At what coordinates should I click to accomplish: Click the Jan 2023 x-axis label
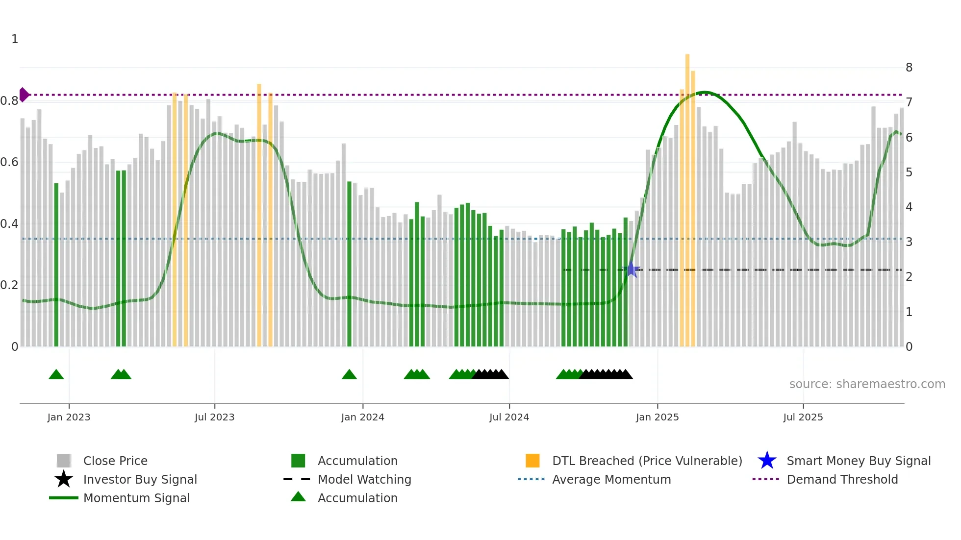pos(69,417)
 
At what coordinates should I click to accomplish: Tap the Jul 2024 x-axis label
pos(509,417)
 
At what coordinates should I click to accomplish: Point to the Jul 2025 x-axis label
pos(803,417)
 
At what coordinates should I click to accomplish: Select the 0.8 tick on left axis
pos(9,101)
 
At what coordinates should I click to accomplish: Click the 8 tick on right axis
pos(909,68)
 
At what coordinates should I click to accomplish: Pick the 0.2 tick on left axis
pos(9,285)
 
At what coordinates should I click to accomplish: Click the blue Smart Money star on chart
pos(632,270)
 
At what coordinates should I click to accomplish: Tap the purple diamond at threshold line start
pos(24,95)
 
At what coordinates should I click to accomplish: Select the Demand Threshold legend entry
pos(842,479)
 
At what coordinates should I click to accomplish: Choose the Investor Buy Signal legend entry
pos(140,479)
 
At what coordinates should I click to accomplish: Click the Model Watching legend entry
pos(364,479)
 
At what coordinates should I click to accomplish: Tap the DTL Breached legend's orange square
pos(532,461)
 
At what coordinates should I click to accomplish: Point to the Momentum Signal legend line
pos(64,498)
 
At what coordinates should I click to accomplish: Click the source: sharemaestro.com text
pos(867,384)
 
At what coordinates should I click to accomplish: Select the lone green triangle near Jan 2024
pos(349,375)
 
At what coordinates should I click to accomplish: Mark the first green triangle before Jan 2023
pos(56,375)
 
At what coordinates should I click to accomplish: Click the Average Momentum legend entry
pos(611,479)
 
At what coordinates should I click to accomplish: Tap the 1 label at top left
pos(15,39)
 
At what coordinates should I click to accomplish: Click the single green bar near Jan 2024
pos(349,265)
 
